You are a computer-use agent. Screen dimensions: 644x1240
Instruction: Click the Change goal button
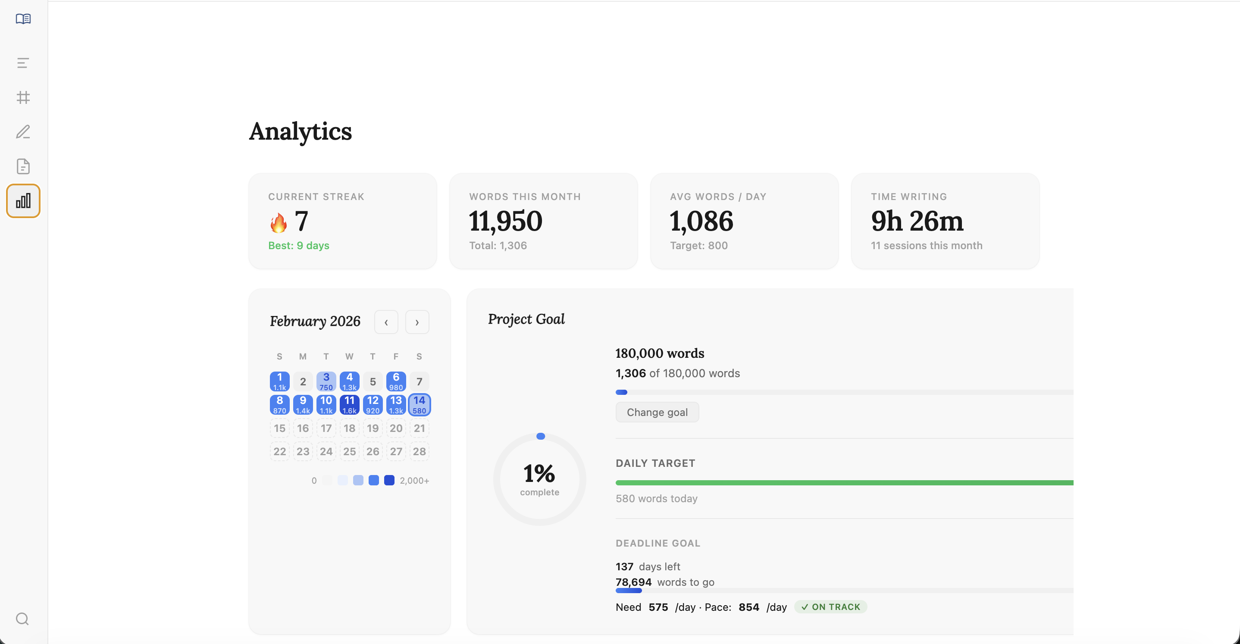pos(657,412)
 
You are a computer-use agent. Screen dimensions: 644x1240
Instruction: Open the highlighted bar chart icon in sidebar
pos(23,201)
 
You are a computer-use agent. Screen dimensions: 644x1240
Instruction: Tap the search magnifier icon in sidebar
pos(22,619)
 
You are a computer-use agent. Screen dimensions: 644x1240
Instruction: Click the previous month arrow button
pos(386,322)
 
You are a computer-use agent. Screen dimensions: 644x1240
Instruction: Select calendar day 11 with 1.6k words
pos(350,405)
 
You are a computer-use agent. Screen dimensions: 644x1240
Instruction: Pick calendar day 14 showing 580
pos(419,405)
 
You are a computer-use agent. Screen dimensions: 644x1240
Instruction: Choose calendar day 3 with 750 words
pos(326,381)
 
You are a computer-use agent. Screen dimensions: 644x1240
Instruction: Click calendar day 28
pos(419,451)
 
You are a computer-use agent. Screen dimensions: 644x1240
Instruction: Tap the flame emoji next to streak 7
pos(278,222)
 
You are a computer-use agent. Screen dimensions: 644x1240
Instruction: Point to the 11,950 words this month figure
pos(505,221)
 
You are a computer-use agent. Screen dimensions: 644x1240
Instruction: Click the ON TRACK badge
pos(830,607)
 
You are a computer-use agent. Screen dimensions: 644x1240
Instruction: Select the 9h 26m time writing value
pos(917,221)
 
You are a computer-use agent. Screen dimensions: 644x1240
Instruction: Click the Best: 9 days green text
pos(298,245)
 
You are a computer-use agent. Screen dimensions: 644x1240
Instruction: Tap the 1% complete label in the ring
pos(539,478)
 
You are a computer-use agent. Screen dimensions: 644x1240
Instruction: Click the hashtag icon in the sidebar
pos(23,97)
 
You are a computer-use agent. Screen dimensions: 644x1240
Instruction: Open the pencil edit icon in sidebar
pos(23,132)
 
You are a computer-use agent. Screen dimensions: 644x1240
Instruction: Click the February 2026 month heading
pos(315,321)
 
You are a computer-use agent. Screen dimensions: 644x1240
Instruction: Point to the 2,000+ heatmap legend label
pos(414,480)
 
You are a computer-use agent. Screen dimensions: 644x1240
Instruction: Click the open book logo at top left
pos(23,19)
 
